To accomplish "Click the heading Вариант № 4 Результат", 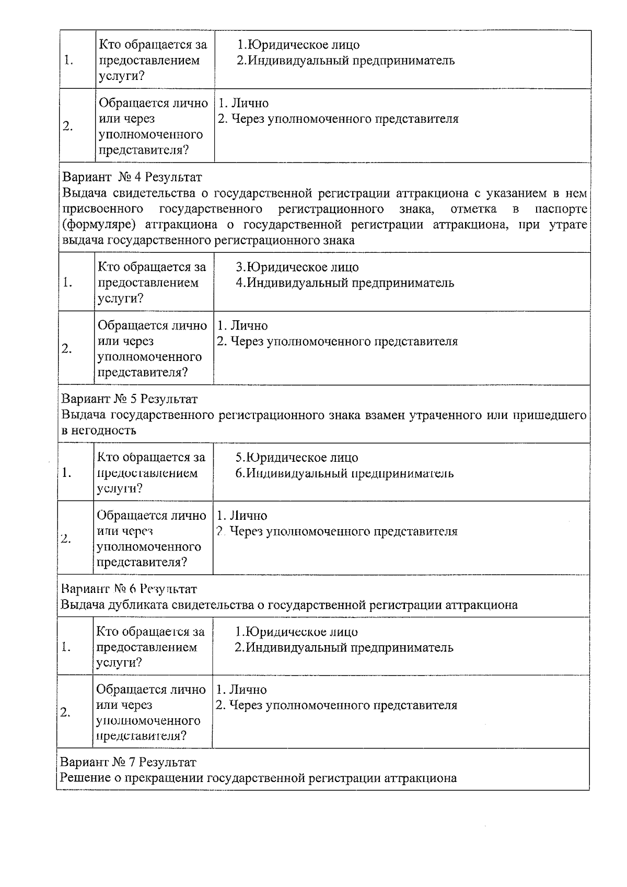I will (132, 177).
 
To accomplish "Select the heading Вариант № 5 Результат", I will (130, 399).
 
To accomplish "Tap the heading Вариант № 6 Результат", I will (129, 589).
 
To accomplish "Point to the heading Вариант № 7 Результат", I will (129, 762).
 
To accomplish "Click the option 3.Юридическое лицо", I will (297, 267).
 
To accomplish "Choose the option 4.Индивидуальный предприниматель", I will (345, 283).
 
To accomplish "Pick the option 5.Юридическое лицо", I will (297, 458).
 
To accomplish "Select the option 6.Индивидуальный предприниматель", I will (344, 473).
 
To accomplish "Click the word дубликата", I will (138, 605).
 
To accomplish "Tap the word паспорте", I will (561, 209).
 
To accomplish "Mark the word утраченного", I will (445, 415).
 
